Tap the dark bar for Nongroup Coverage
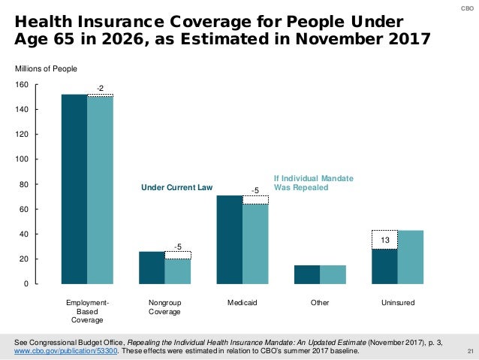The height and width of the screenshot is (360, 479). pyautogui.click(x=152, y=268)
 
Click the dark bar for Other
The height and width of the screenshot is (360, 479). pyautogui.click(x=307, y=274)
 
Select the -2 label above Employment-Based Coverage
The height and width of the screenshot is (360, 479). pyautogui.click(x=100, y=88)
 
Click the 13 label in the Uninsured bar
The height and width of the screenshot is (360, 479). pyautogui.click(x=384, y=239)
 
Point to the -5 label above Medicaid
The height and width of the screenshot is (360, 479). pyautogui.click(x=255, y=192)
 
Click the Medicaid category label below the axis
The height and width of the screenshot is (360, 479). pyautogui.click(x=242, y=303)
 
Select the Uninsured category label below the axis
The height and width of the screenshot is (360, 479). pyautogui.click(x=397, y=303)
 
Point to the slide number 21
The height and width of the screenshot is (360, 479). pyautogui.click(x=470, y=351)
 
